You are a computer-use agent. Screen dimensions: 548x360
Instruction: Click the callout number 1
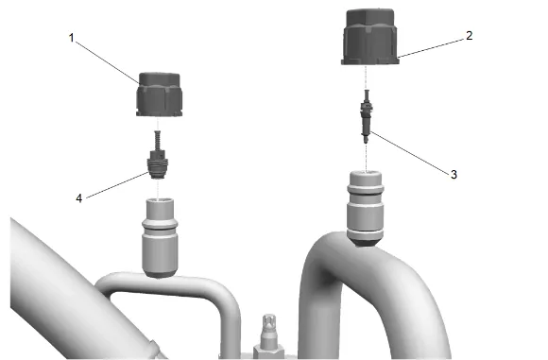point(72,38)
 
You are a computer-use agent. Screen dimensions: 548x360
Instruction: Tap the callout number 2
point(469,35)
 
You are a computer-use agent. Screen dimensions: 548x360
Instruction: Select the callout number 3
point(454,174)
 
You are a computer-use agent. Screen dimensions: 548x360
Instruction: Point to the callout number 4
point(79,198)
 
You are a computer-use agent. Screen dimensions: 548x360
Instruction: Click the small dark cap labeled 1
point(159,94)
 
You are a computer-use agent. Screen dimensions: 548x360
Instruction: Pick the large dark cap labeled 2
point(370,37)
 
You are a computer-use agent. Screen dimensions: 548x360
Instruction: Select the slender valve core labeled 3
point(367,116)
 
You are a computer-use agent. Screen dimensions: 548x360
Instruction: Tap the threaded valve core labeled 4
point(159,163)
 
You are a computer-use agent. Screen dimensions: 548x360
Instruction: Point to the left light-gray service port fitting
point(160,238)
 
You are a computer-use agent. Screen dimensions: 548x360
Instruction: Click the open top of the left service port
point(161,200)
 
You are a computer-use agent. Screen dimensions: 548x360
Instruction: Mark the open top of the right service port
point(366,173)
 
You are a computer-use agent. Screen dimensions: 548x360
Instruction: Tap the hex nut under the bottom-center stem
point(268,351)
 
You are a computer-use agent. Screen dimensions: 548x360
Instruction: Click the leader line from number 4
point(117,185)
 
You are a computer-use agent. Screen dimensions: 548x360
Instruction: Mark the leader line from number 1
point(108,62)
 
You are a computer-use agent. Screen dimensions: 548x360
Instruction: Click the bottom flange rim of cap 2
point(370,61)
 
